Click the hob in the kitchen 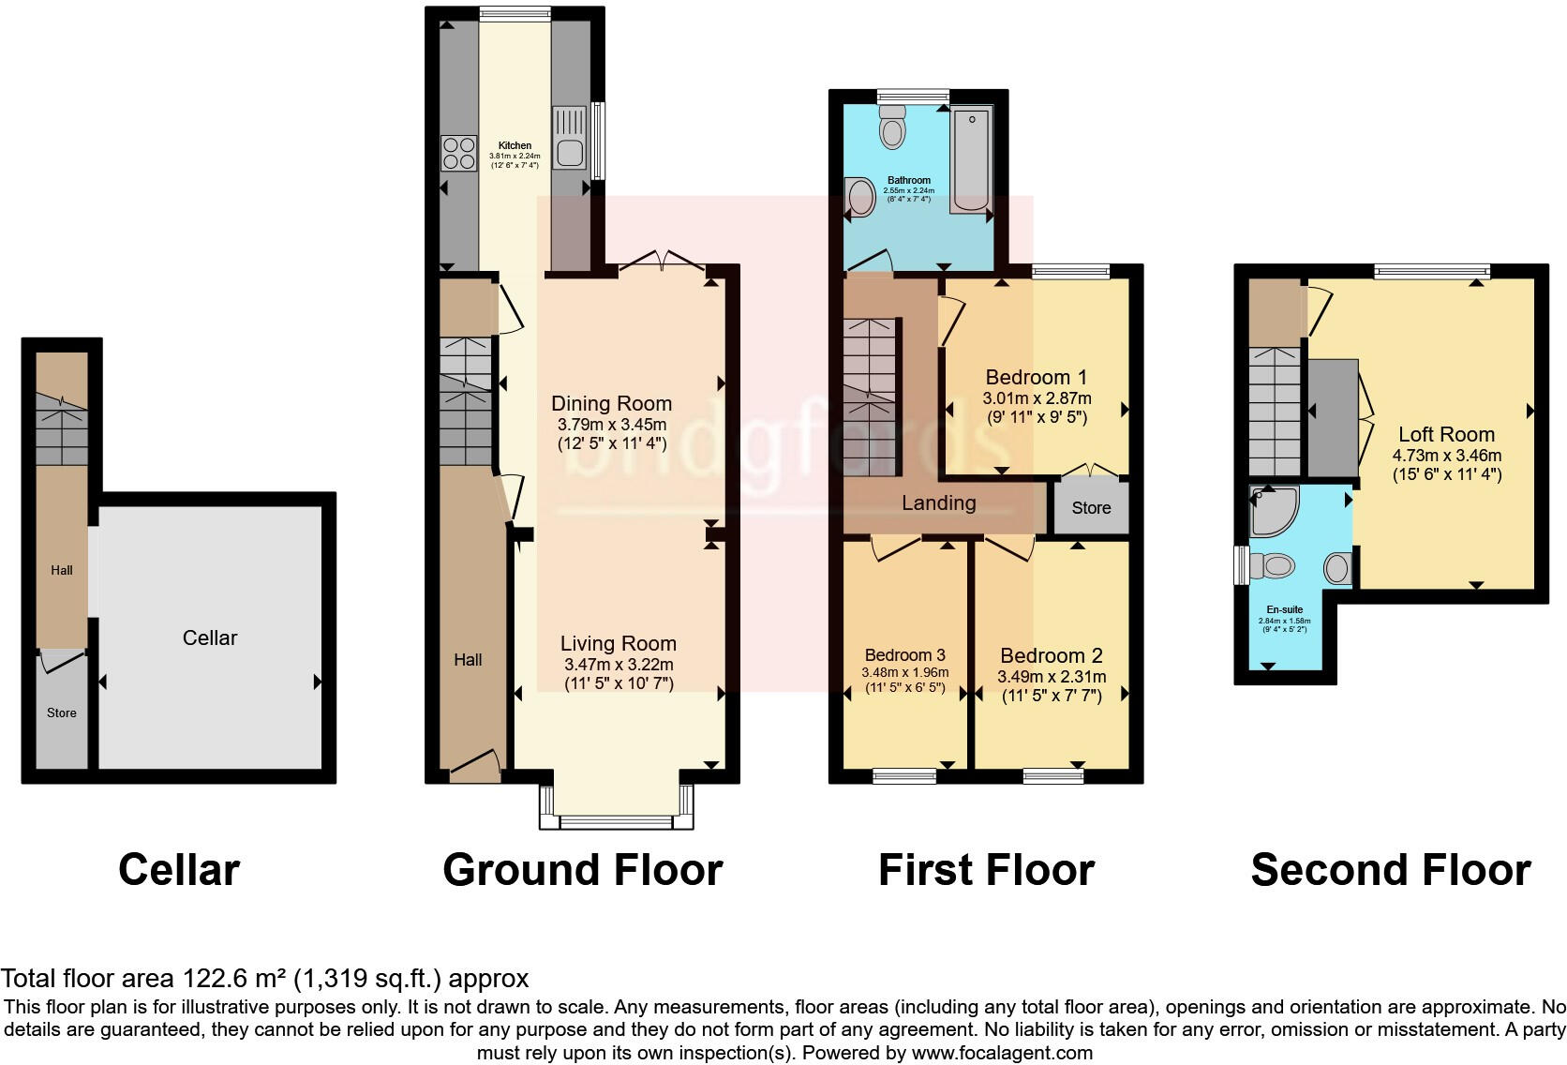(x=459, y=153)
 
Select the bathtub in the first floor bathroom (x=972, y=160)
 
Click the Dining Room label (x=611, y=403)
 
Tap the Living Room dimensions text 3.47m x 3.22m (x=619, y=664)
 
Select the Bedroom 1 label (x=1036, y=377)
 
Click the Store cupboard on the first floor (x=1091, y=507)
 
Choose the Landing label (x=938, y=502)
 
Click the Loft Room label (x=1446, y=434)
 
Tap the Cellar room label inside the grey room (x=210, y=637)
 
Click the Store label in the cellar (x=62, y=712)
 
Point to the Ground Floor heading (x=582, y=869)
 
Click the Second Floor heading (x=1390, y=869)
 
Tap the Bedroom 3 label (x=904, y=655)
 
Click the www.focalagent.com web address (x=1001, y=1053)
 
